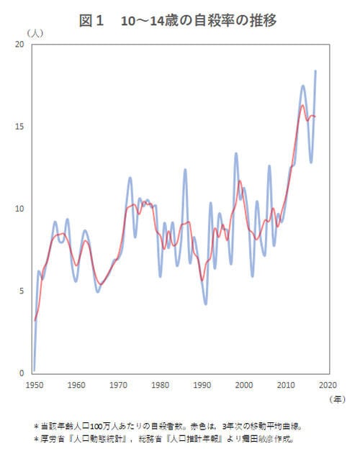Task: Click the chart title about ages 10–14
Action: tap(178, 21)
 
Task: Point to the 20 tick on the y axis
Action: tap(19, 45)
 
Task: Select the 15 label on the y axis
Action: tap(19, 127)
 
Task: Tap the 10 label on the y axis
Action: tap(19, 209)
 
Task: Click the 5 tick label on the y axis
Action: tap(22, 291)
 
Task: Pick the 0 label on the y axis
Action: tap(22, 373)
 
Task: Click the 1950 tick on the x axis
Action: tap(34, 385)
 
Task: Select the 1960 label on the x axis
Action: tap(76, 385)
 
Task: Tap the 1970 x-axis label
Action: tap(118, 385)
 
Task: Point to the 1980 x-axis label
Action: tap(160, 385)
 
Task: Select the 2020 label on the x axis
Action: tap(328, 385)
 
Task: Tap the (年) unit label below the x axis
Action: tap(336, 399)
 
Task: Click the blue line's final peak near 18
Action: tap(315, 71)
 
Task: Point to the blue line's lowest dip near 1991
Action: tap(206, 304)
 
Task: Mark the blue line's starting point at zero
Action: tap(34, 371)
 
